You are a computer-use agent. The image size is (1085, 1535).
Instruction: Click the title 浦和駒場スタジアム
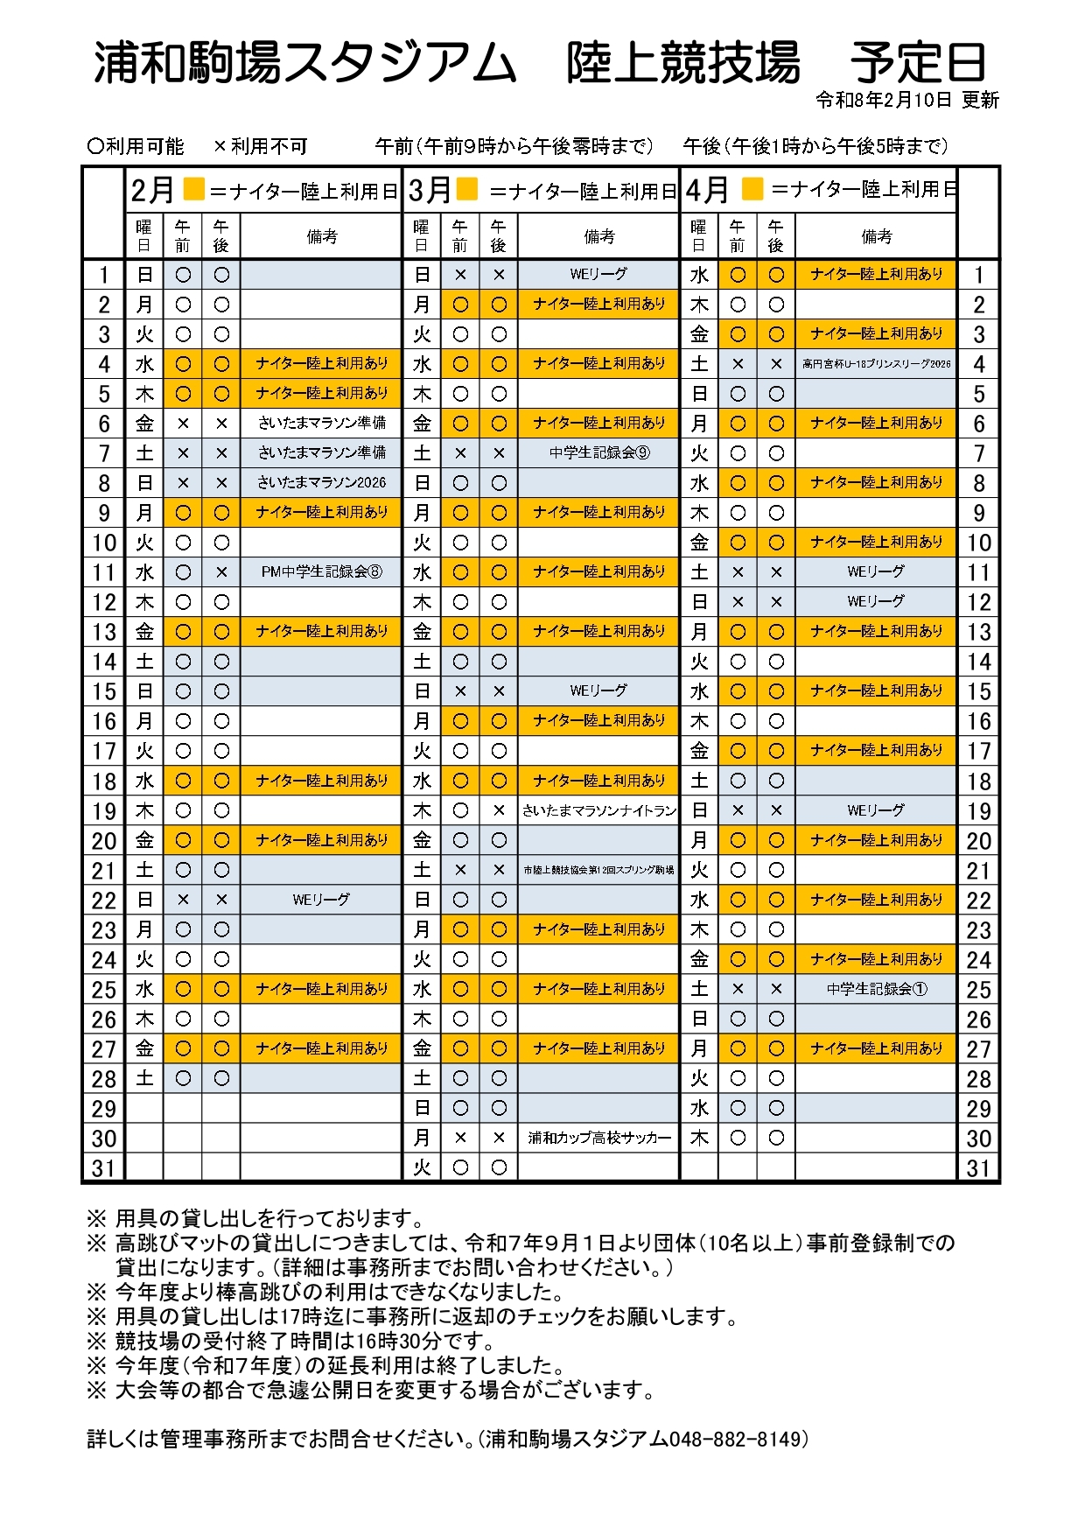point(305,63)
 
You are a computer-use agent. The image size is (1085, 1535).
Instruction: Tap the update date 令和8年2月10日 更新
point(906,100)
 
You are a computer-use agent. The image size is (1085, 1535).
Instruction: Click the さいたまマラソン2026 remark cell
point(321,482)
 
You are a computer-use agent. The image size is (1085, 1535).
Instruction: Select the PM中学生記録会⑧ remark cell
point(321,571)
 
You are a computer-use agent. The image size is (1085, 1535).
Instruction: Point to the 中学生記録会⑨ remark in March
point(598,452)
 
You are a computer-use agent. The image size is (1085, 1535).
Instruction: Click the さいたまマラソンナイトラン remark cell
point(598,810)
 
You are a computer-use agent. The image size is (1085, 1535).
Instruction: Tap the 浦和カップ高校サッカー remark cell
point(598,1138)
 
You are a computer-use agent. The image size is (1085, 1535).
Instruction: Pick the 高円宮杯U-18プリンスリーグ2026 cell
point(876,363)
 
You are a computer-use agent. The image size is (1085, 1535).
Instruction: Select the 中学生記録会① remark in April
point(876,989)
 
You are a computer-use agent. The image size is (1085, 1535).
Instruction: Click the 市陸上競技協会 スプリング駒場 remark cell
point(598,870)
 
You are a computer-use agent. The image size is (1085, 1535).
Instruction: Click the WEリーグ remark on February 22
point(321,900)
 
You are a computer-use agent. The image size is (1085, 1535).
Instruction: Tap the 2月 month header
point(152,190)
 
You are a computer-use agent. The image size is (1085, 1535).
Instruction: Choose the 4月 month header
point(707,190)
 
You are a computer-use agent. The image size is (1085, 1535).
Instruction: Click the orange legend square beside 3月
point(468,188)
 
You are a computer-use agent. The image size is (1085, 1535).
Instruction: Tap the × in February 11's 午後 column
point(221,571)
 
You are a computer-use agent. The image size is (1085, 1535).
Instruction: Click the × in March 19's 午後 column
point(499,810)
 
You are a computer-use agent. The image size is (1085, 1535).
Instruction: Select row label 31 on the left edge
point(103,1168)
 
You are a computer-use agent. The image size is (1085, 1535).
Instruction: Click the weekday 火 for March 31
point(422,1167)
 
